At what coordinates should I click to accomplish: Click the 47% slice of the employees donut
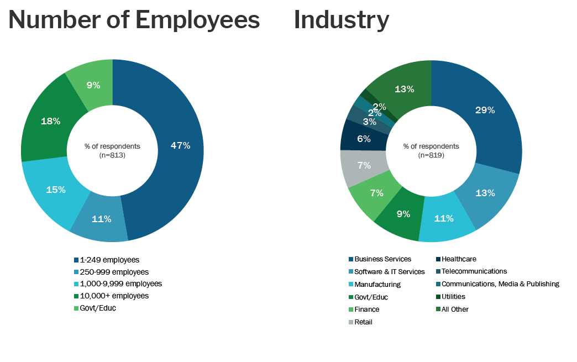click(180, 146)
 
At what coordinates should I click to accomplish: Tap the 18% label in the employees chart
click(50, 121)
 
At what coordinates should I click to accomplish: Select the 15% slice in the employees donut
click(55, 190)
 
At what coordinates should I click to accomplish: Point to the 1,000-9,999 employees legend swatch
click(76, 284)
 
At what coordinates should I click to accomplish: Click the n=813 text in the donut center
click(112, 155)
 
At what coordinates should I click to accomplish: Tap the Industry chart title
click(341, 20)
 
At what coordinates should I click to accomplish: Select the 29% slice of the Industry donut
click(485, 110)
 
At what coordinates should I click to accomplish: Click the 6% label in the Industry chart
click(364, 139)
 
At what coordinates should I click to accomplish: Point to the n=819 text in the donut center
click(431, 155)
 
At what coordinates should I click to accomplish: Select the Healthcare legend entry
click(458, 259)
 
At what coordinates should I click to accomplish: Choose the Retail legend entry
click(363, 322)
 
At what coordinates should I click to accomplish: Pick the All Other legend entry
click(455, 309)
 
